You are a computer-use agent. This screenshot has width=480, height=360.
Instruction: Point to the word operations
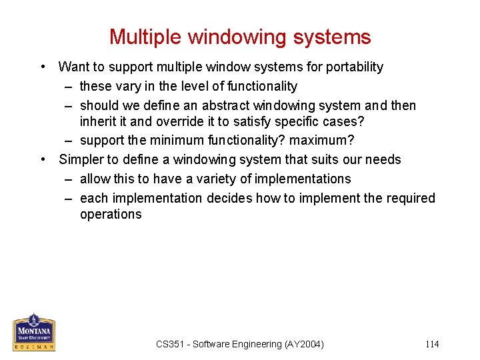(111, 215)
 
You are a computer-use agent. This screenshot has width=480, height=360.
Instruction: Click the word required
(410, 199)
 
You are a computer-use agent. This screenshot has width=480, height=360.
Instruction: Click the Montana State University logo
(34, 331)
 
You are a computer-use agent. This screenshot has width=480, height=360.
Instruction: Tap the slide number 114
(432, 345)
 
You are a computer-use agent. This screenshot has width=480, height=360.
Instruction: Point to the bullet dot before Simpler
(43, 160)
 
